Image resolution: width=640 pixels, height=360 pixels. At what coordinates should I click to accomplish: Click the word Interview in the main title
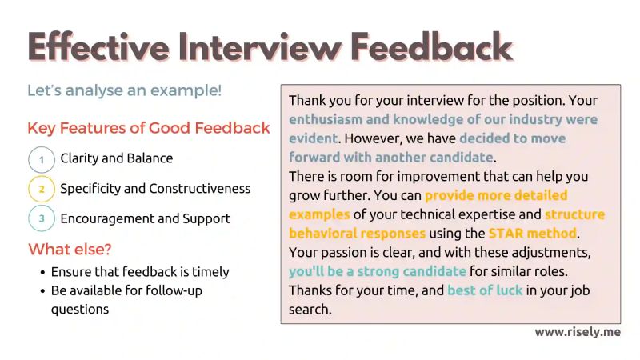[x=251, y=48]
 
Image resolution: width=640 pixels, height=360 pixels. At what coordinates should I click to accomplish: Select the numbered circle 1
[x=41, y=159]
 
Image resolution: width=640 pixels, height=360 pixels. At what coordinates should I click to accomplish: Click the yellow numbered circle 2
[x=41, y=189]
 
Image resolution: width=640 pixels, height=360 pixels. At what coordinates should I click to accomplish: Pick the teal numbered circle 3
[x=41, y=218]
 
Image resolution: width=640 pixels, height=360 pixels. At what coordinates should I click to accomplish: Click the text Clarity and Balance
[x=116, y=158]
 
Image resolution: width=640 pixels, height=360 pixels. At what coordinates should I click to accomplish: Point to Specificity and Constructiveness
[x=155, y=189]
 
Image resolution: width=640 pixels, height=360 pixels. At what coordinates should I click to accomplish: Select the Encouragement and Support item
[x=145, y=218]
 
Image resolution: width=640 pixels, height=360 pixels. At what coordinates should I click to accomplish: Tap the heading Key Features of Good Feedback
[x=148, y=129]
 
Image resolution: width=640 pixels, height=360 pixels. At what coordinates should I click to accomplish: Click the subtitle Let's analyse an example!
[x=124, y=90]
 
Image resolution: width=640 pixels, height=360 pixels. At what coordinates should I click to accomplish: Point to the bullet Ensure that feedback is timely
[x=140, y=272]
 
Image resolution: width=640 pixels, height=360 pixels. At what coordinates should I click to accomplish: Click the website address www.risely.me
[x=577, y=332]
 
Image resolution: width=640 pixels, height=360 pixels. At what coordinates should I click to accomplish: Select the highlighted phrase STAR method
[x=533, y=234]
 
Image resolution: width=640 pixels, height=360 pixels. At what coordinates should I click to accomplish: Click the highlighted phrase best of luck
[x=485, y=290]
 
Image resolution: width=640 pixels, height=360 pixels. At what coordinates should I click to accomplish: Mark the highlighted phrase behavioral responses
[x=357, y=234]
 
